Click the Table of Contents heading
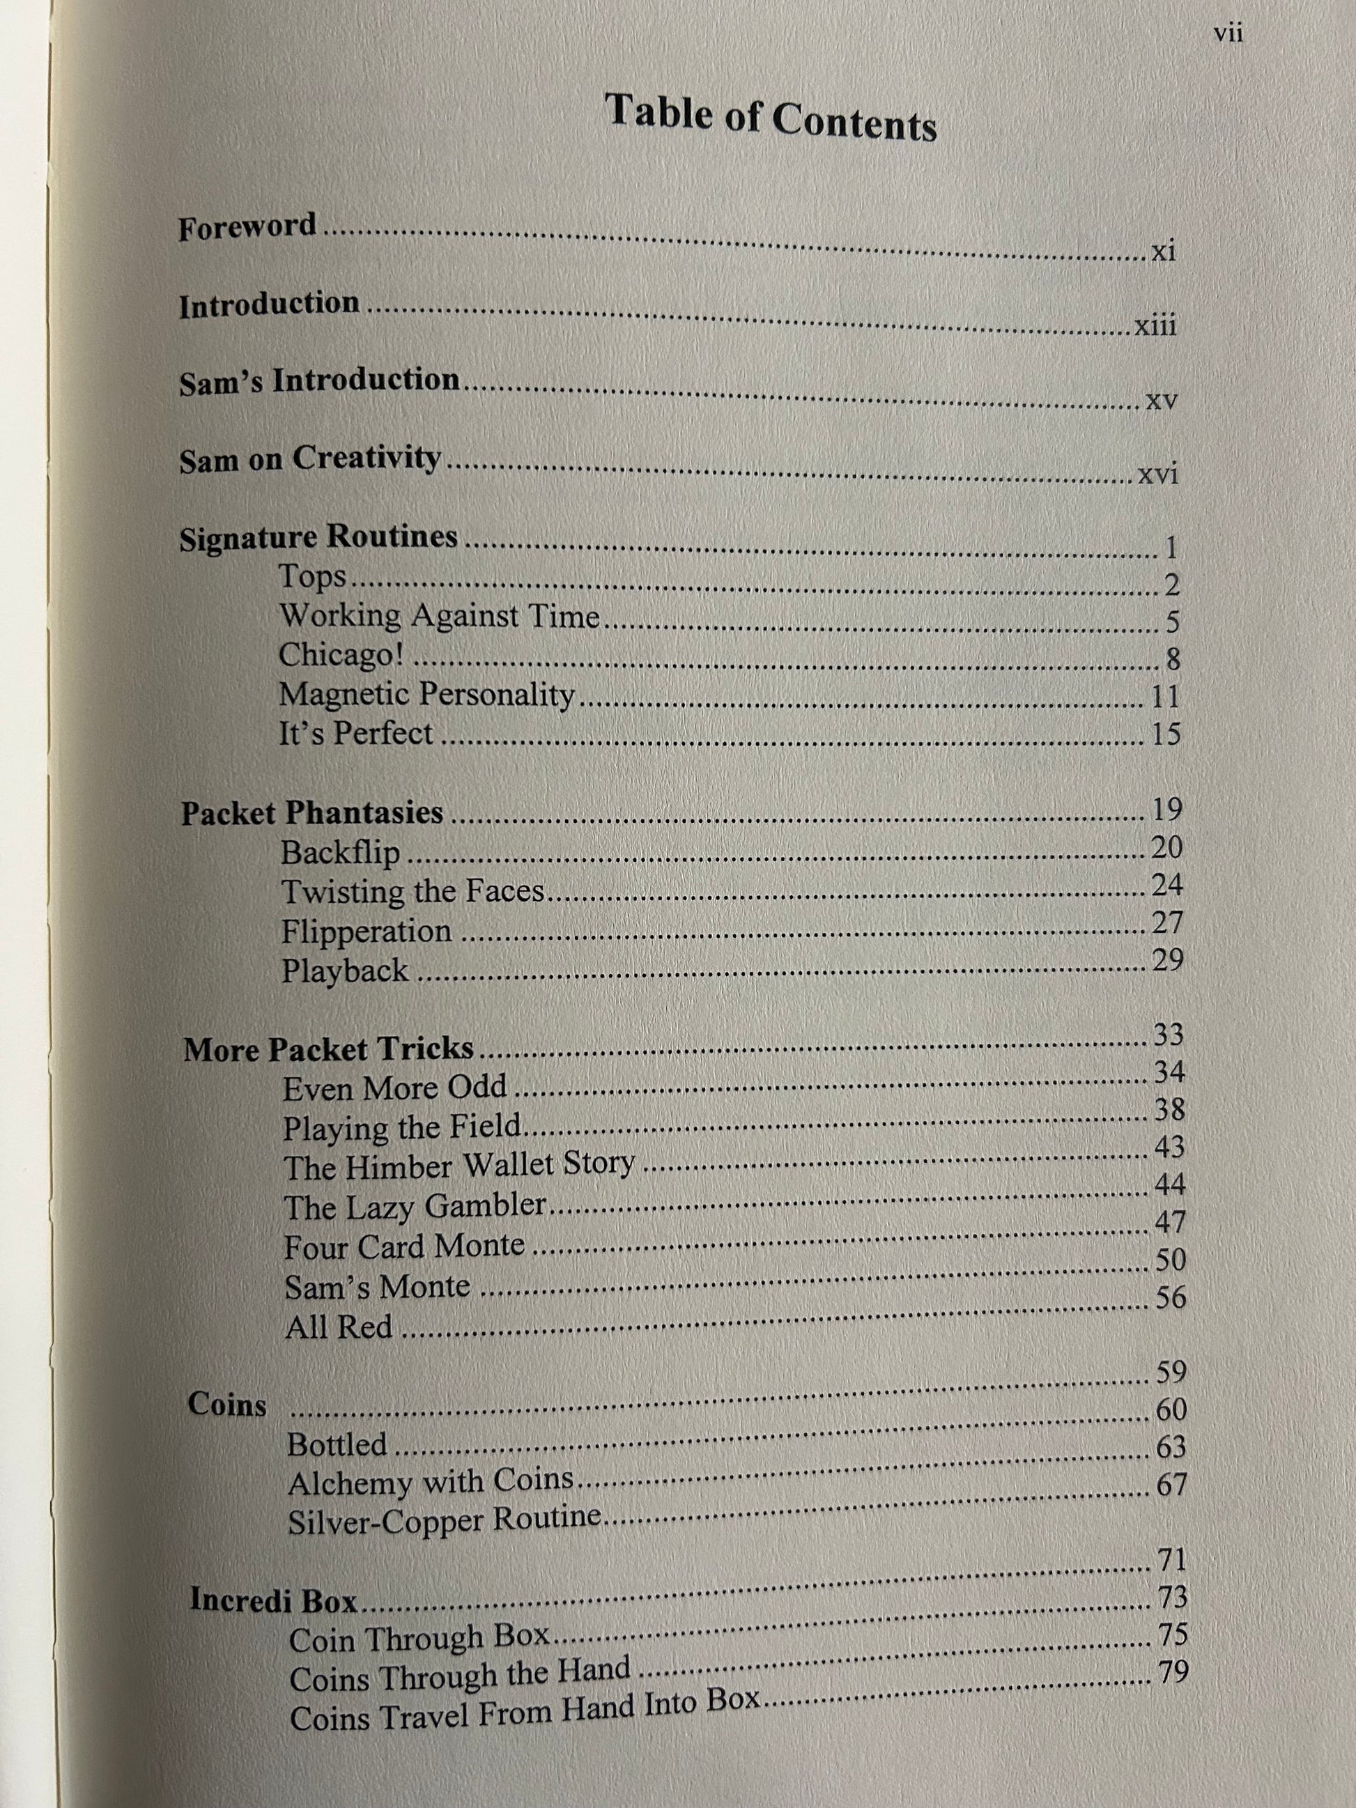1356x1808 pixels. point(770,118)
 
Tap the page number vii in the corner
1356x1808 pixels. point(1228,34)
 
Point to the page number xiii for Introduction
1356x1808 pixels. point(1156,326)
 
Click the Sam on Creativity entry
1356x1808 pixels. point(310,458)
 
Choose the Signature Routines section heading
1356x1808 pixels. point(318,538)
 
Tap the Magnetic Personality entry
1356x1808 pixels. point(426,695)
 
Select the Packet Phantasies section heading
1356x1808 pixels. point(312,812)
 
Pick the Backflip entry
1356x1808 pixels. point(340,853)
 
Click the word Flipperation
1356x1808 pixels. point(367,931)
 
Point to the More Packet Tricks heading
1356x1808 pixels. point(329,1049)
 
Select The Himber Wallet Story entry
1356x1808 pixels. point(459,1166)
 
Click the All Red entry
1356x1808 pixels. point(339,1327)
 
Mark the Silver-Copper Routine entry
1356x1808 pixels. point(445,1520)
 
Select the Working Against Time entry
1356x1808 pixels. point(440,615)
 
